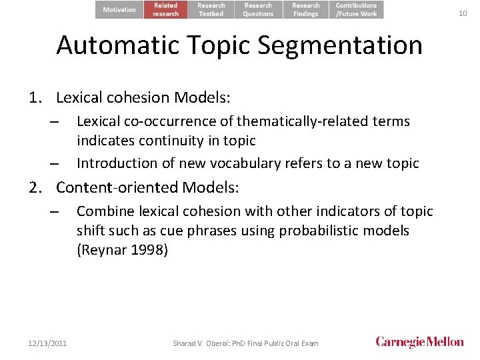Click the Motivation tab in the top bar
click(x=120, y=9)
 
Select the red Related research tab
click(x=166, y=9)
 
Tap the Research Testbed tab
click(x=211, y=9)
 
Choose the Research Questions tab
click(x=258, y=9)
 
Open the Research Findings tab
click(x=306, y=9)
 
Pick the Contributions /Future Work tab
click(x=357, y=9)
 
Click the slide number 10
click(x=463, y=13)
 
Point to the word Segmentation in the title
click(x=340, y=45)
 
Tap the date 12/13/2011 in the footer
click(x=47, y=343)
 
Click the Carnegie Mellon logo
click(x=419, y=342)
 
